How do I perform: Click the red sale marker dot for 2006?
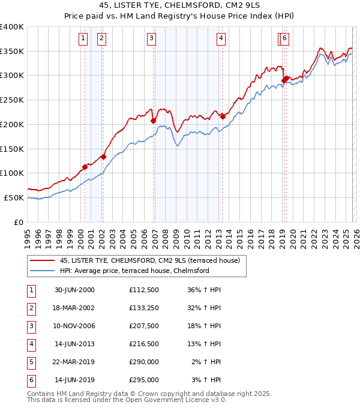(153, 121)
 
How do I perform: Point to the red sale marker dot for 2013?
(223, 116)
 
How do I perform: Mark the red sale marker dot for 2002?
(103, 157)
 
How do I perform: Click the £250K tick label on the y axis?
(12, 100)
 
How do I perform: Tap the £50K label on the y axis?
(14, 197)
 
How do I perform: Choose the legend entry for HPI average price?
(134, 271)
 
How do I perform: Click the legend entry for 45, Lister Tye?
(149, 260)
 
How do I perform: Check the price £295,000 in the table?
(144, 379)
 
